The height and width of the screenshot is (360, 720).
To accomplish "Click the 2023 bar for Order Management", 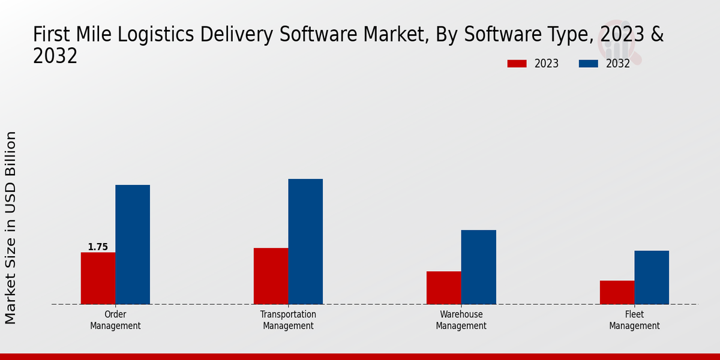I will click(x=98, y=278).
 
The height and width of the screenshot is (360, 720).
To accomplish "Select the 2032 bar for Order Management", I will click(x=133, y=245).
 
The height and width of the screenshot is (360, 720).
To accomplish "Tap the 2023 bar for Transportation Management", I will click(x=271, y=276).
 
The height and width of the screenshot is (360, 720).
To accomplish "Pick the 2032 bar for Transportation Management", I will click(x=305, y=242).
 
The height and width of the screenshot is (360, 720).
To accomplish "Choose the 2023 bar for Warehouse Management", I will click(x=444, y=288).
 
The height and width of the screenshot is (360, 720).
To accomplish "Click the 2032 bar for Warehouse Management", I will click(x=479, y=267).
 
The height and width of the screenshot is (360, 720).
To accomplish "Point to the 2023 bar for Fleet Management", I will click(x=617, y=293).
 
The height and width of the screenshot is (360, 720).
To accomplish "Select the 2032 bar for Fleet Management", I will click(x=652, y=277).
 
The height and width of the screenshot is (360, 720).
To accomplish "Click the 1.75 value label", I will click(x=98, y=247).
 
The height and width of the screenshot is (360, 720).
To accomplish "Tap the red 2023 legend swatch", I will click(x=517, y=64).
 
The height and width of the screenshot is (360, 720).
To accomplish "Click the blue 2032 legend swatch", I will click(x=589, y=64).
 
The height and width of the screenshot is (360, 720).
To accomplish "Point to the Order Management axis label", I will click(x=115, y=320).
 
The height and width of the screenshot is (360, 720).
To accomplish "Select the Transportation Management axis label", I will click(x=288, y=320).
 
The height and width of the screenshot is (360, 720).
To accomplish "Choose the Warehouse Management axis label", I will click(x=461, y=320).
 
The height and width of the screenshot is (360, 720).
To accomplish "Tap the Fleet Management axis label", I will click(x=634, y=320).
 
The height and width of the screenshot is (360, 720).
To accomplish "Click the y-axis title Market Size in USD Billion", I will click(x=11, y=228).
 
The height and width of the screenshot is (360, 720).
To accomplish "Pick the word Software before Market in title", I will click(x=325, y=35).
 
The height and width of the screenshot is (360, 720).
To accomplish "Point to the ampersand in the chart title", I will click(x=657, y=35).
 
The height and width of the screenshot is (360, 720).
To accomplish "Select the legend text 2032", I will click(x=618, y=64).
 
